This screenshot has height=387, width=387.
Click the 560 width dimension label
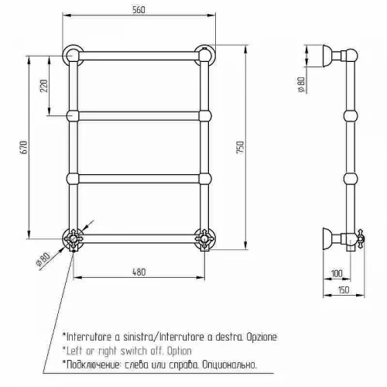139,10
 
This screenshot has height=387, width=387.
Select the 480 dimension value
139,272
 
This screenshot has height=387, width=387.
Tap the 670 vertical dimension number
23,147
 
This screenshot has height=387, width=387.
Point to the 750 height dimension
240,147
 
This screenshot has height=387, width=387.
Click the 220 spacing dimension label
44,86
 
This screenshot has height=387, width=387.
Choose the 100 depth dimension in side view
337,273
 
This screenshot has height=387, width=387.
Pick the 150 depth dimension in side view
343,290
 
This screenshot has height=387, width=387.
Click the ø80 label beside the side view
301,84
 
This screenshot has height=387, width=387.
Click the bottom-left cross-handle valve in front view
74,239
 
